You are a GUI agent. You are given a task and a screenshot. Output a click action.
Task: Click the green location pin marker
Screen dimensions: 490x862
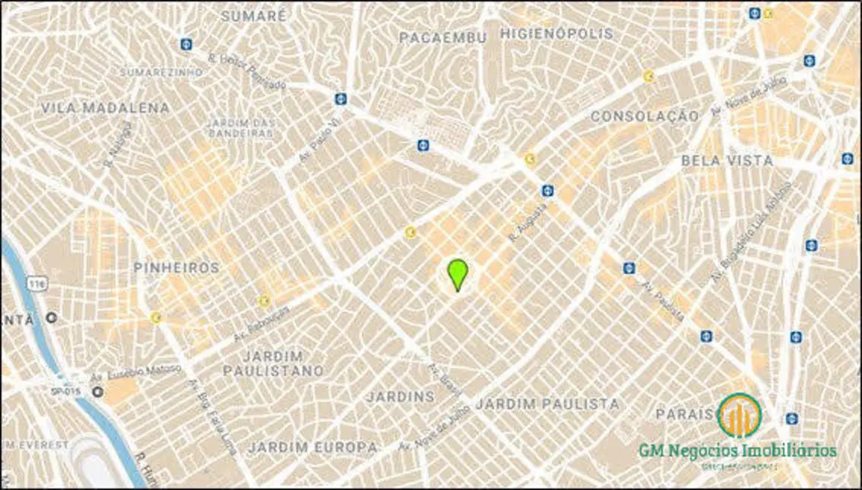click(457, 274)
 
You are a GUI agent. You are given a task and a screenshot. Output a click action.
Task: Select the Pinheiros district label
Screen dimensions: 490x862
click(176, 268)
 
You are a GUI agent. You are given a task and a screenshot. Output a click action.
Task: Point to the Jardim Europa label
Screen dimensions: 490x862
click(313, 447)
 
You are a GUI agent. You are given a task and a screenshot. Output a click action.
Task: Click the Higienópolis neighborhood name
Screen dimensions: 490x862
click(556, 34)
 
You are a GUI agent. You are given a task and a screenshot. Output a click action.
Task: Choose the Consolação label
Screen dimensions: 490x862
click(644, 116)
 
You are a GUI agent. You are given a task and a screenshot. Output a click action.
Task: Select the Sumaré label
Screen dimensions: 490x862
click(254, 15)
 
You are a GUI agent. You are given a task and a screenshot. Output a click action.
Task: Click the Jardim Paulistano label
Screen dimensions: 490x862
click(273, 363)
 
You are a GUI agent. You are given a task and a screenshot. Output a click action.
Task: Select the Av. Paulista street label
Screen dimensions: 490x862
click(663, 302)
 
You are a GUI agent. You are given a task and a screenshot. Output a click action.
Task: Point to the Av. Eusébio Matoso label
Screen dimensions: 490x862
click(136, 372)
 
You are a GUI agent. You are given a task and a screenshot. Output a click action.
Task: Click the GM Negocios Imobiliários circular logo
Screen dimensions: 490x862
click(739, 415)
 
